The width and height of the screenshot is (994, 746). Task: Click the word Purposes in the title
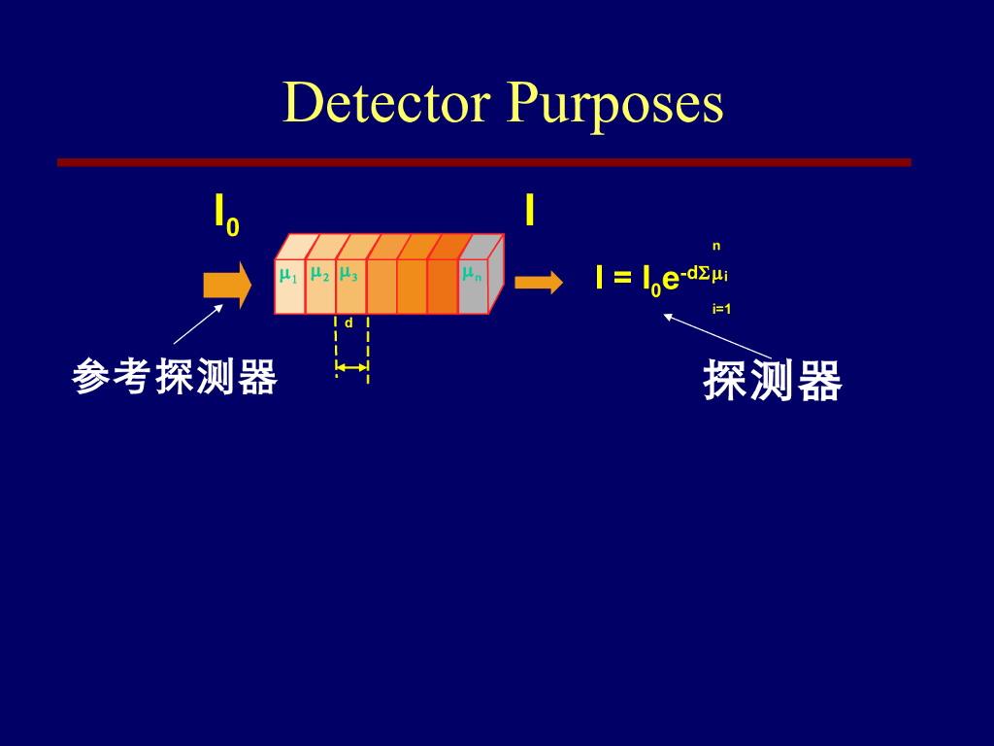pos(614,104)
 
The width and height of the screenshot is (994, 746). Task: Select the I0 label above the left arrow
pos(226,215)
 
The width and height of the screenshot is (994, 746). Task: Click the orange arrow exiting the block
pos(538,283)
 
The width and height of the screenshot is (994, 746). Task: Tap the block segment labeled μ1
pos(289,287)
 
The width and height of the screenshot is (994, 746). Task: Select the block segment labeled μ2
pos(319,287)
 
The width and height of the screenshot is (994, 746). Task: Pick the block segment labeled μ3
pos(350,287)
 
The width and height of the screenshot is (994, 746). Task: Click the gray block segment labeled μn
pos(472,287)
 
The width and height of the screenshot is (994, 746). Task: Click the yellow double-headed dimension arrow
pos(351,367)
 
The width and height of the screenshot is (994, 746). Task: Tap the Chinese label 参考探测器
pos(175,377)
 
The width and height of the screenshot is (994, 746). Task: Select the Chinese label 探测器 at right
pos(773,381)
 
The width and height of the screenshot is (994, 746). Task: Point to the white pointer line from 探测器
pos(718,335)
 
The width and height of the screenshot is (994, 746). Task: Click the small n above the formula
pos(716,247)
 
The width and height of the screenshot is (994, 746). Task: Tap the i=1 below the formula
pos(721,309)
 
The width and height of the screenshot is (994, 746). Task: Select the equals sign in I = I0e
pos(622,280)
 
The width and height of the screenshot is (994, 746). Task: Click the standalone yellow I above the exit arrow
pos(529,211)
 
